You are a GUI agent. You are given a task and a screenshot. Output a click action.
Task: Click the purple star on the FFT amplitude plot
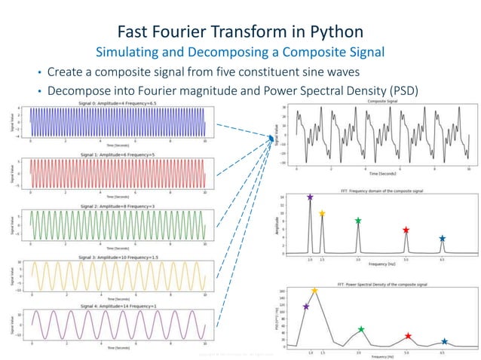point(310,197)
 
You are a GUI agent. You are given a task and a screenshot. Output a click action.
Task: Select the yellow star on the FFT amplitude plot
point(322,214)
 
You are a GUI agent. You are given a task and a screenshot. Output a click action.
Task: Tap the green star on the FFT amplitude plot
point(358,221)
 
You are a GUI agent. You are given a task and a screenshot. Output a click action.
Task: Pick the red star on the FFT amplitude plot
point(406,230)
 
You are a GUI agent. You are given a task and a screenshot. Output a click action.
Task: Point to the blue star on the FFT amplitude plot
point(442,239)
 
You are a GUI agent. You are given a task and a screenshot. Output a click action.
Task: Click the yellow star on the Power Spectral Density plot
point(314,291)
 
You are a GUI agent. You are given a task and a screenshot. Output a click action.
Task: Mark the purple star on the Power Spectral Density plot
point(306,307)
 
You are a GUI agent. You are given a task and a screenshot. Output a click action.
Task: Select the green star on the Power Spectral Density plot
point(361,329)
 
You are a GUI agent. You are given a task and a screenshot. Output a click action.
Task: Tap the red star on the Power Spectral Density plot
point(408,337)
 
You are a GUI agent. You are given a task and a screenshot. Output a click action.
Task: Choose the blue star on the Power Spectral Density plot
point(444,342)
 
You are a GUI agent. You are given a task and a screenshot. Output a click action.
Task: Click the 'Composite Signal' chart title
point(382,101)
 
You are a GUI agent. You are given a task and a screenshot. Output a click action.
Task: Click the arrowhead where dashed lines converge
point(272,138)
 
